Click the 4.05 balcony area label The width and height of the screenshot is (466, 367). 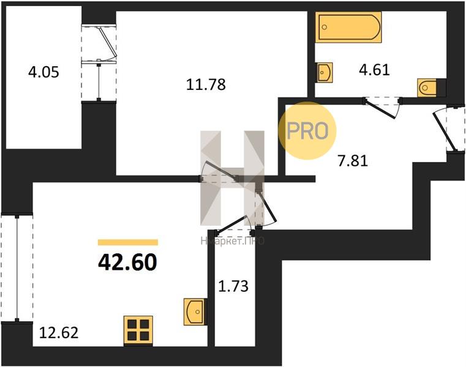pyautogui.click(x=43, y=72)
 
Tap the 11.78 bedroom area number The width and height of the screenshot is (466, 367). pyautogui.click(x=206, y=84)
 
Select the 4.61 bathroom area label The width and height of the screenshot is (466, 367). pyautogui.click(x=375, y=70)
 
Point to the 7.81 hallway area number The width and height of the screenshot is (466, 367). pyautogui.click(x=353, y=161)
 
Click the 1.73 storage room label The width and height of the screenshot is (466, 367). pyautogui.click(x=233, y=286)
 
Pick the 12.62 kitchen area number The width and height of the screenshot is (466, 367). pyautogui.click(x=59, y=333)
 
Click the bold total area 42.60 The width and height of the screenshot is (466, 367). pyautogui.click(x=127, y=263)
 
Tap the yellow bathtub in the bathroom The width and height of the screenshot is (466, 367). pyautogui.click(x=348, y=27)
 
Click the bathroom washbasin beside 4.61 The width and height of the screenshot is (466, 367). pyautogui.click(x=325, y=72)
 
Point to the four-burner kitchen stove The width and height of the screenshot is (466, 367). pyautogui.click(x=138, y=330)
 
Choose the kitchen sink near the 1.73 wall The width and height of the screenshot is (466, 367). pyautogui.click(x=194, y=311)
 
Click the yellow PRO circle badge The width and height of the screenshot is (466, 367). pyautogui.click(x=307, y=131)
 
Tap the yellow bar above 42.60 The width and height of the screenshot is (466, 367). pyautogui.click(x=128, y=243)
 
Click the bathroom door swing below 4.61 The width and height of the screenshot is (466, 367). pyautogui.click(x=383, y=107)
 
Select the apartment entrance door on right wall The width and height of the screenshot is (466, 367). pyautogui.click(x=449, y=128)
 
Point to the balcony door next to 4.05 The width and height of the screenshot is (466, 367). pyautogui.click(x=99, y=63)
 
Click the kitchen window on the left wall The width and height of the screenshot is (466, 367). pyautogui.click(x=17, y=268)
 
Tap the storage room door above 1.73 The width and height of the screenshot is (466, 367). pyautogui.click(x=235, y=225)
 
